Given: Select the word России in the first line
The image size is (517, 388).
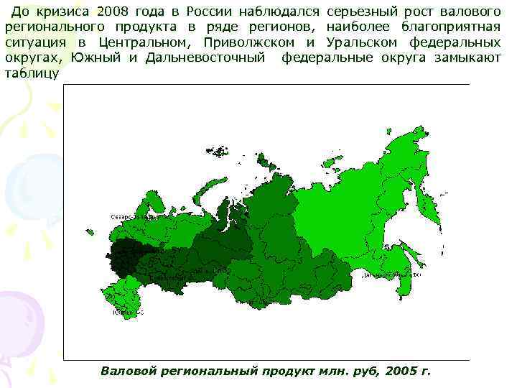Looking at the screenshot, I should [210, 11].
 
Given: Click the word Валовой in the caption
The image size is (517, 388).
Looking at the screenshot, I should [126, 371].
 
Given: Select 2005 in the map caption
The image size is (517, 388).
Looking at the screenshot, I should [401, 371].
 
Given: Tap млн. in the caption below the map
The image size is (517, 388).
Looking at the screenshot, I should [326, 371].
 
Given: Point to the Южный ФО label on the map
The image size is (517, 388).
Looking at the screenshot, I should [130, 312].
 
